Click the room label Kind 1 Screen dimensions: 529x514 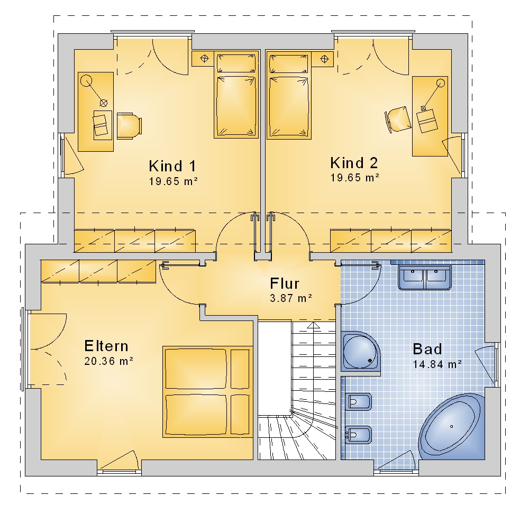coord(172,166)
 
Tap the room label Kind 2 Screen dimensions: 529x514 coord(354,163)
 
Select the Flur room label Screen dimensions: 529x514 coord(285,283)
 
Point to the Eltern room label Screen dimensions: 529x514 coord(106,346)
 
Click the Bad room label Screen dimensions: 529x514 coord(427,349)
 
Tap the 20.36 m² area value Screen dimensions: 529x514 coord(108,361)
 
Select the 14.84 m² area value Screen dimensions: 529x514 coord(437,364)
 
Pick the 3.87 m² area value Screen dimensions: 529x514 coord(291,298)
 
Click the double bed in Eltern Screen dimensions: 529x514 coord(208,391)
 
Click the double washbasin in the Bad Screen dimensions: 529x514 coord(424,277)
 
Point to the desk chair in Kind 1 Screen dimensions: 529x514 coord(129,126)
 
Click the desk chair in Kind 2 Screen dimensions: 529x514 coord(398,120)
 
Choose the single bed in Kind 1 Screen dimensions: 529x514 coord(236,95)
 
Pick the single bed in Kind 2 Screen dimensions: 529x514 coord(289,95)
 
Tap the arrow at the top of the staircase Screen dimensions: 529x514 coord(314,325)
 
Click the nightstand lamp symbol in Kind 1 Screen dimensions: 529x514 coord(204,59)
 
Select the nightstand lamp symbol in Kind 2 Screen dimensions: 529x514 coord(324,59)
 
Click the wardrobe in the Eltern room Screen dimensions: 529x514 coord(98,271)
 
